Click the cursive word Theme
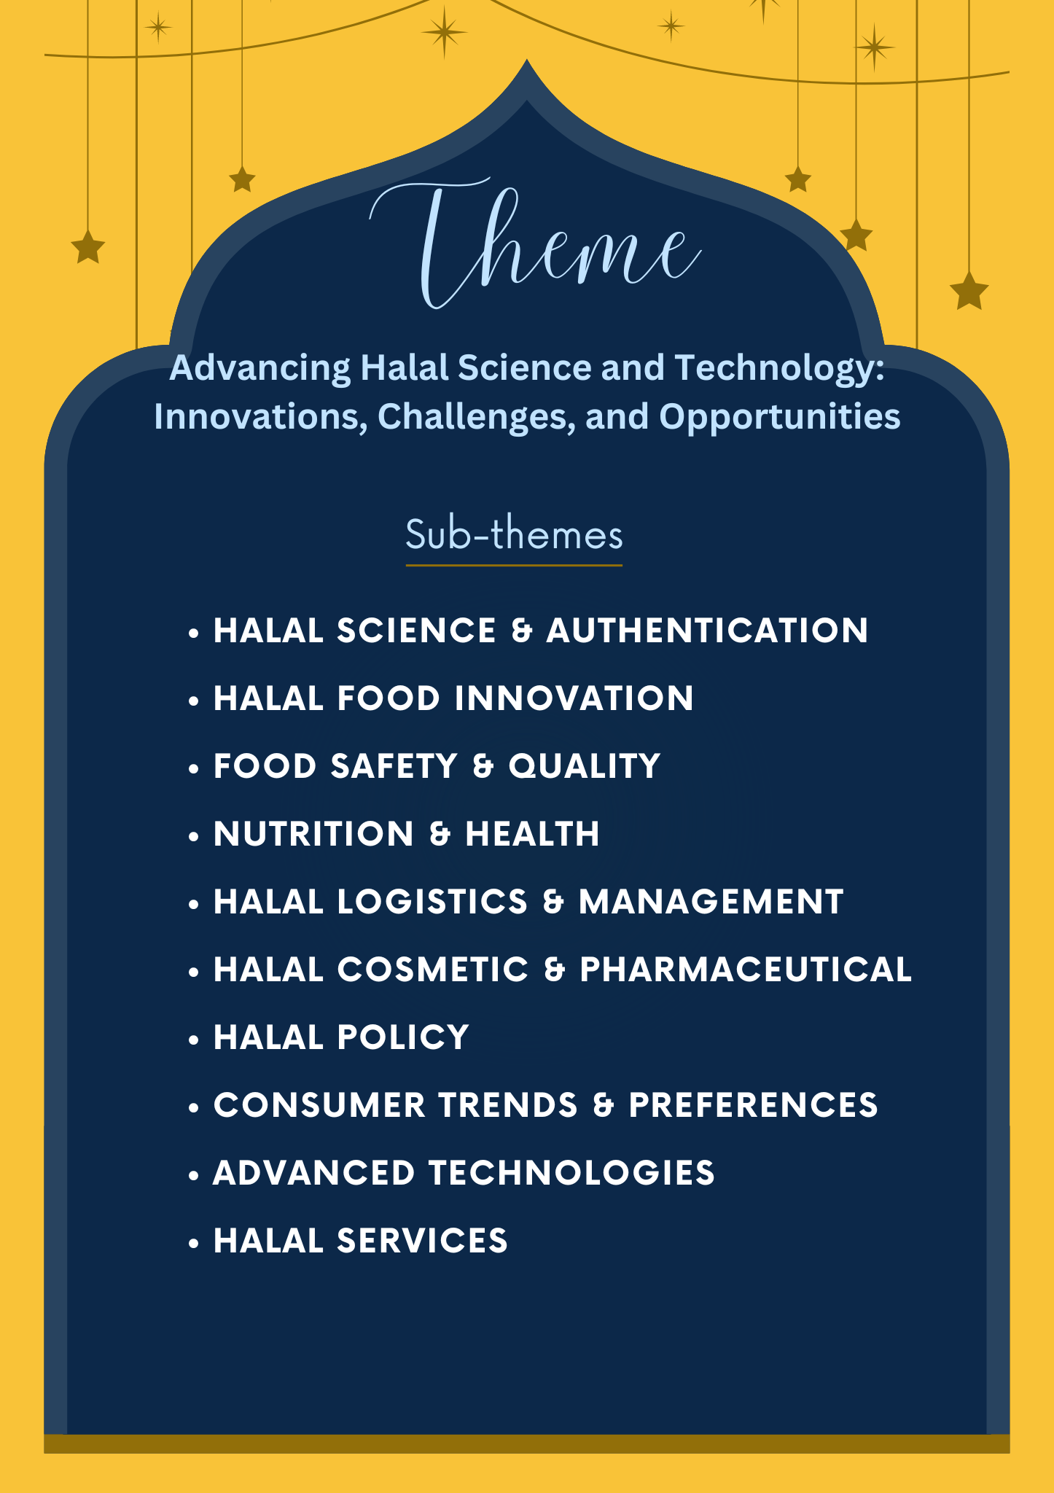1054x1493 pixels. coord(536,244)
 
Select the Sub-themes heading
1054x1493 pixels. coord(514,534)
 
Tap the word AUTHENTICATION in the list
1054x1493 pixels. coord(707,631)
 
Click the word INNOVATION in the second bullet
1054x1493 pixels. coord(574,698)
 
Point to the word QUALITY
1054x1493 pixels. coord(584,766)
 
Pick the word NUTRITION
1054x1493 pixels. coord(314,834)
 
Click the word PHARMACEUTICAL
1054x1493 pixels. coord(746,970)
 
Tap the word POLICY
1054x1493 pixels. coord(403,1037)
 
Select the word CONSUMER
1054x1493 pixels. coord(319,1105)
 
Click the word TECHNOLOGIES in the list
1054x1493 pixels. coord(571,1173)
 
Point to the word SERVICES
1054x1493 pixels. coord(422,1241)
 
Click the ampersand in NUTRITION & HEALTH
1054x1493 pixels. coord(440,834)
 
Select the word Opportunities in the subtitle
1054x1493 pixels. coord(780,417)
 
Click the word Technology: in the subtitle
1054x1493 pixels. coord(779,368)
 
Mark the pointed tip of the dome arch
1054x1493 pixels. coord(527,61)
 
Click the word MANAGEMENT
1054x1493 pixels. coord(711,902)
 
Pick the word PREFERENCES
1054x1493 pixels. coord(753,1105)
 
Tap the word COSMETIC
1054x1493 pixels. coord(433,970)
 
